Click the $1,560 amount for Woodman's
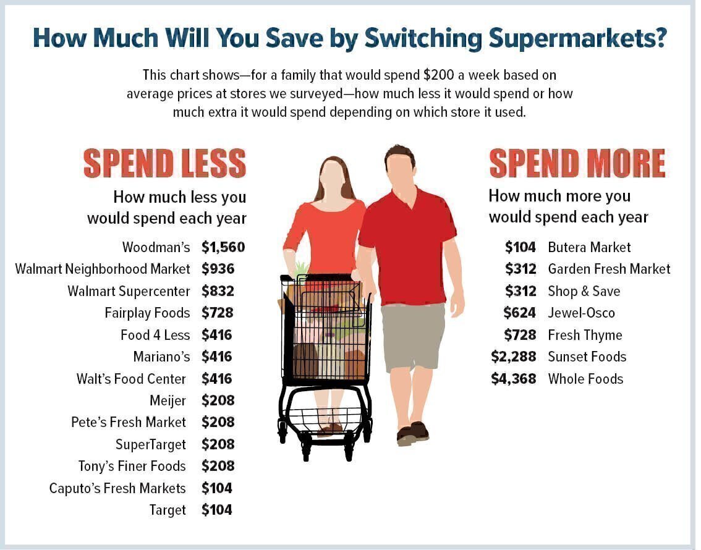click(223, 247)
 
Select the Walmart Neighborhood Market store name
click(103, 269)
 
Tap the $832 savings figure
click(218, 291)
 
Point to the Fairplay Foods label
click(147, 313)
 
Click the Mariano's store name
click(161, 357)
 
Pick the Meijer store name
click(168, 400)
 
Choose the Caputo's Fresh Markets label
click(117, 488)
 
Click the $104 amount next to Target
click(217, 510)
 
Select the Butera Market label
click(589, 247)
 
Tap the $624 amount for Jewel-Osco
click(519, 313)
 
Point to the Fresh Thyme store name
click(585, 335)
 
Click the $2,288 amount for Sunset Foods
click(513, 357)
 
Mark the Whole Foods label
click(585, 379)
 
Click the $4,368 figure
click(513, 379)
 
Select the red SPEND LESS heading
click(164, 163)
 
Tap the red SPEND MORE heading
click(577, 163)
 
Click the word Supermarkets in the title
click(577, 38)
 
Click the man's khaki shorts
click(412, 335)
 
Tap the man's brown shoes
click(412, 433)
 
